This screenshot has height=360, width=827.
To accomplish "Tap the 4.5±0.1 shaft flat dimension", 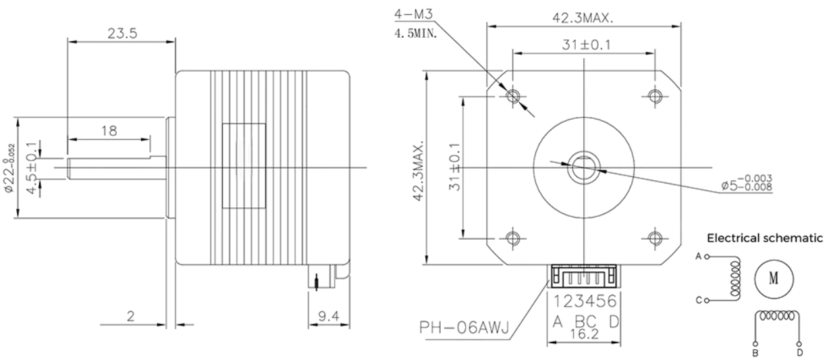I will coord(30,168).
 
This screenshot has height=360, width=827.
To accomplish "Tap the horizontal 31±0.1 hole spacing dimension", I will coord(583,45).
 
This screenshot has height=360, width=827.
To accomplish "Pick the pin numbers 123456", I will coord(583,299).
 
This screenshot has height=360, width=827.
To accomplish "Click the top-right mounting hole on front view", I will coord(653,95).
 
